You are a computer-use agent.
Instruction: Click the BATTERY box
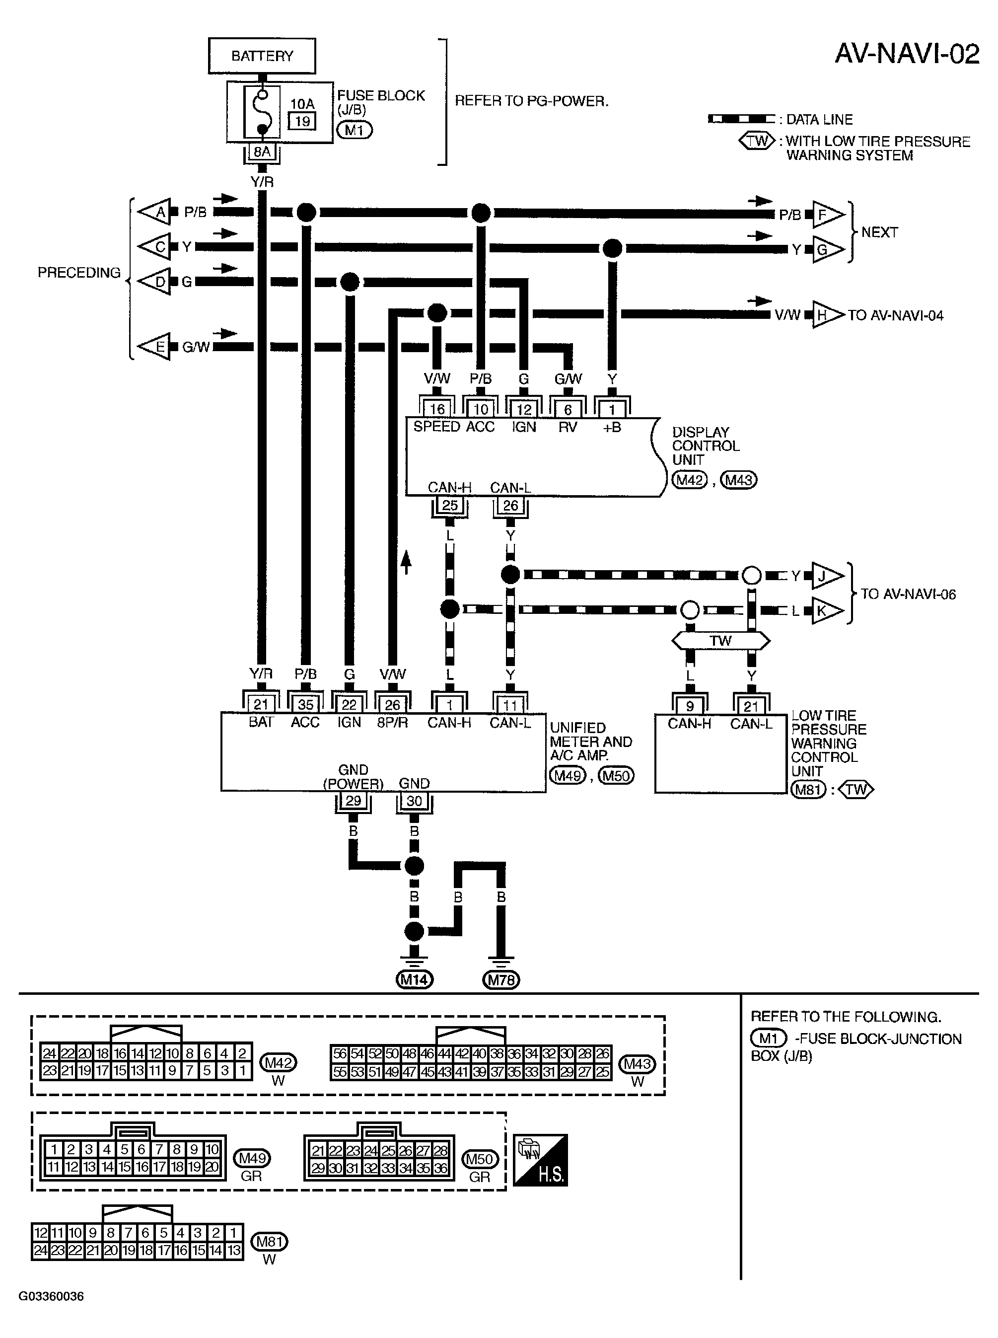tap(262, 56)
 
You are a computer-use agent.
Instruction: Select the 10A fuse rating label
tap(302, 104)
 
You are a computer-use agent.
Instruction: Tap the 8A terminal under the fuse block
tap(262, 152)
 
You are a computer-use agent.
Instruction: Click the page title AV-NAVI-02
tap(906, 55)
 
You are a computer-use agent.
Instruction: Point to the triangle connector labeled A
tap(156, 212)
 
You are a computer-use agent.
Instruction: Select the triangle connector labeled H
tap(825, 314)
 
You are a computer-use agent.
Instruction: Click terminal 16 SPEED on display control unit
tap(437, 409)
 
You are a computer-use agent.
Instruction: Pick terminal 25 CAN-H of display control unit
tap(449, 505)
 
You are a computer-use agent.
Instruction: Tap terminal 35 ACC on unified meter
tap(306, 705)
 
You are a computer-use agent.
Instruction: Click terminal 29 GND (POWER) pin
tap(353, 801)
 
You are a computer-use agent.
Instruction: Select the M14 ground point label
tap(415, 979)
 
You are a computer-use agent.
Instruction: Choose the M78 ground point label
tap(501, 979)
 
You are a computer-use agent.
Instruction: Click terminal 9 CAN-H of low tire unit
tap(689, 705)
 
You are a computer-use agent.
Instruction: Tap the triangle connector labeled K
tap(825, 610)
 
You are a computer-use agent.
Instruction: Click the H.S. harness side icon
tap(540, 1160)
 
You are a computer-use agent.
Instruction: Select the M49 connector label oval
tap(252, 1158)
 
